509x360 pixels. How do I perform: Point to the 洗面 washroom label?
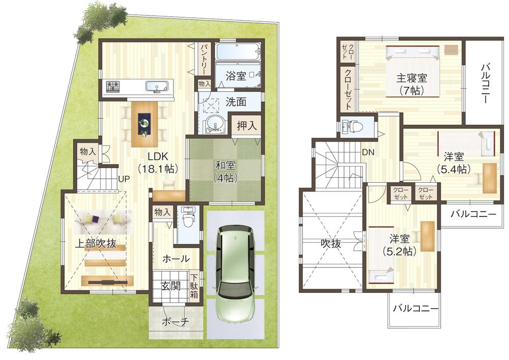(x=236, y=102)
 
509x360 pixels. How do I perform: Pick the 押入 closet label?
(x=246, y=126)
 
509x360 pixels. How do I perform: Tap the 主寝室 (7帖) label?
(x=411, y=85)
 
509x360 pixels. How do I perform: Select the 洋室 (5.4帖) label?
(x=453, y=163)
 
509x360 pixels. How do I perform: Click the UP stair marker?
(x=124, y=179)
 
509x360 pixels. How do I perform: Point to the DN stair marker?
(x=368, y=152)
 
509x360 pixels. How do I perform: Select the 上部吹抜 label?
(x=96, y=243)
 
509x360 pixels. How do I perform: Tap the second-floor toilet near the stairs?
(x=351, y=126)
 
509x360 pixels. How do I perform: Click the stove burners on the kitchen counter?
(x=112, y=86)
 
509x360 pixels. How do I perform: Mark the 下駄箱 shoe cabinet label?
(x=195, y=286)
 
